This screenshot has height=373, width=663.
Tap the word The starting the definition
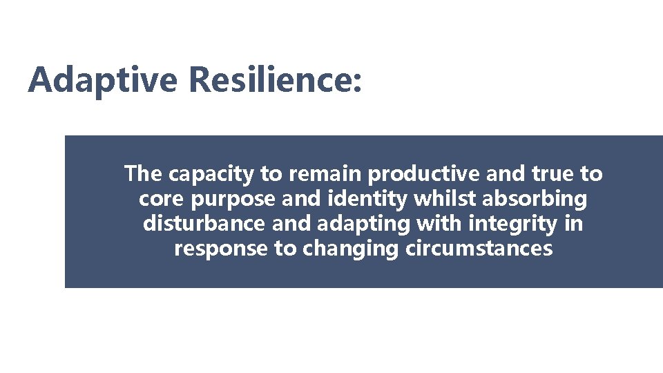[x=144, y=174]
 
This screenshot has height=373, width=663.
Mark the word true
[x=550, y=174]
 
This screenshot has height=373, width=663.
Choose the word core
[x=158, y=199]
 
